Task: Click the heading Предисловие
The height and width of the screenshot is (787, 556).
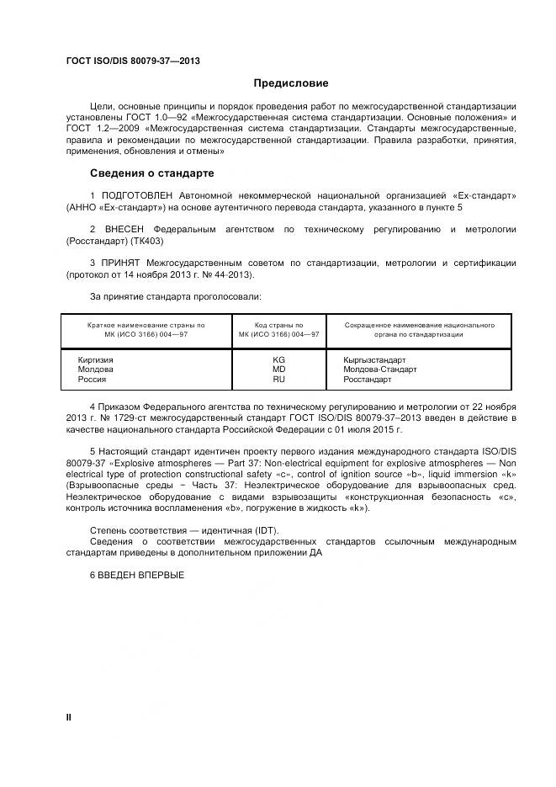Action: point(291,83)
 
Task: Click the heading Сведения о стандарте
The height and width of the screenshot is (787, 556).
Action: point(152,173)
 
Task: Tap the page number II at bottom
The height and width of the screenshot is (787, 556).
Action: point(69,716)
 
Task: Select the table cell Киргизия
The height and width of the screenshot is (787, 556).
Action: point(95,360)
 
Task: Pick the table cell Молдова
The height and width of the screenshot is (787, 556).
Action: point(95,370)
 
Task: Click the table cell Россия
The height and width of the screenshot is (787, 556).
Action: point(92,380)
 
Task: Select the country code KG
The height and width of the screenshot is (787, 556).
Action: point(278,360)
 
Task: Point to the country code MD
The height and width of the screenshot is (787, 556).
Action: point(278,370)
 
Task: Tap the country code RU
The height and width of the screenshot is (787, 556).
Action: point(278,380)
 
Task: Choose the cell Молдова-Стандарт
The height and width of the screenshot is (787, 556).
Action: point(380,370)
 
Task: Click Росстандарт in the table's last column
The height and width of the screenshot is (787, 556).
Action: point(368,380)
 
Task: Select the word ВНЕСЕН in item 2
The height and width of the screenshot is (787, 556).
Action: point(124,229)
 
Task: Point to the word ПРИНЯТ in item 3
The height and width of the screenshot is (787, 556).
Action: point(121,263)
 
